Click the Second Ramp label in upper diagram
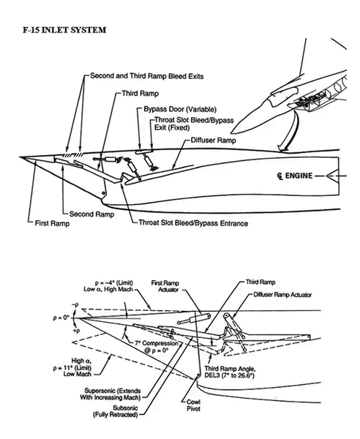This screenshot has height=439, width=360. (x=94, y=214)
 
